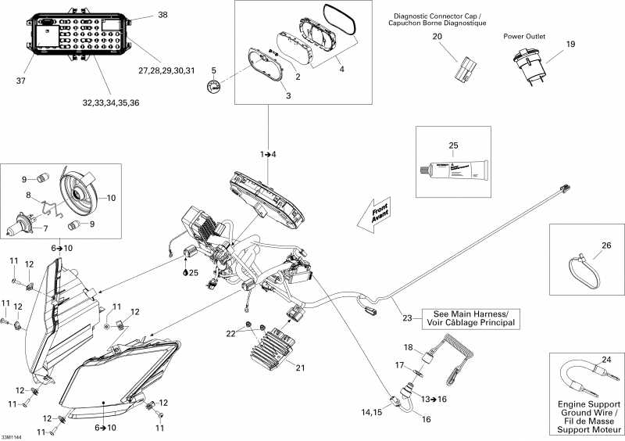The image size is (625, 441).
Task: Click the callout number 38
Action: tap(162, 15)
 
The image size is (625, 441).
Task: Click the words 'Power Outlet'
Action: tap(524, 36)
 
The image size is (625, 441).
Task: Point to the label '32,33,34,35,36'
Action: tap(108, 102)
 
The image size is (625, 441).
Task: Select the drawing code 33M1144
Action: tap(12, 436)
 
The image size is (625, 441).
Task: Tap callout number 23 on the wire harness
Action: tap(407, 317)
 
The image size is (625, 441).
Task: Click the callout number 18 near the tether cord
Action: tap(408, 347)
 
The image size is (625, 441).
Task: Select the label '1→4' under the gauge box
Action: tap(269, 154)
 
